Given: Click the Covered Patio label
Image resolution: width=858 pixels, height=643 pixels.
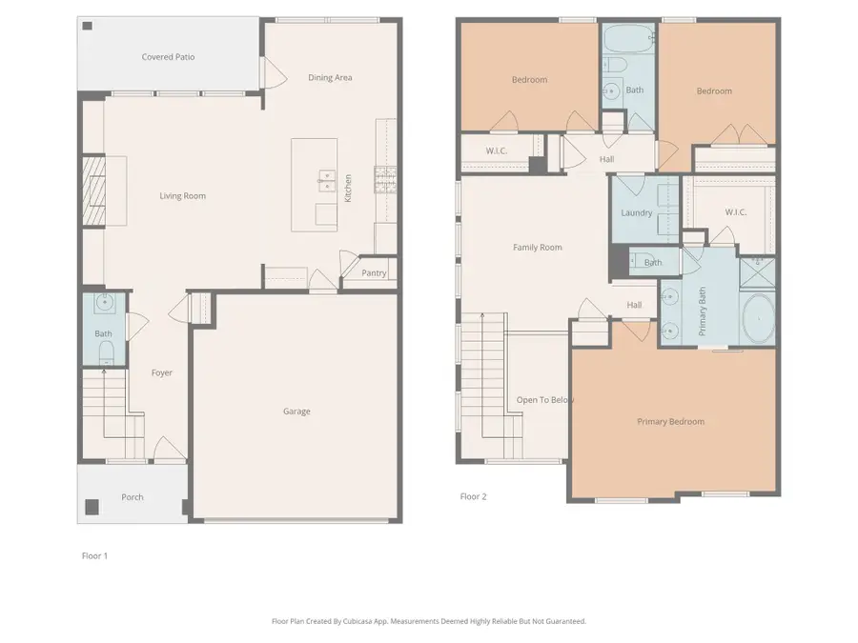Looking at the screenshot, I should tap(168, 57).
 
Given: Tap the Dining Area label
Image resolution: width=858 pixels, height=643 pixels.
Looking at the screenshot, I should tap(330, 77).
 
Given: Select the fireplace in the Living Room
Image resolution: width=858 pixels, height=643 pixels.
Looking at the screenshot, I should tap(92, 191).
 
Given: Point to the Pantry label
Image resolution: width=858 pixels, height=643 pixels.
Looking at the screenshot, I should tap(375, 273).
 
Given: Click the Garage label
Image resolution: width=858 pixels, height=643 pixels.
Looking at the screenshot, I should tap(296, 412).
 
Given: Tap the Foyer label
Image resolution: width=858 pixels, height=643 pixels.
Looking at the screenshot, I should tap(162, 372).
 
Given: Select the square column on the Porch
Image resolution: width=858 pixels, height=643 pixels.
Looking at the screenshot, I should tap(92, 506).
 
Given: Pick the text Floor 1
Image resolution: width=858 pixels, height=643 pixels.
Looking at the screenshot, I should tap(94, 555).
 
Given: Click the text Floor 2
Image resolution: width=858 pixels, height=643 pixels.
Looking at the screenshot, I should tap(473, 496).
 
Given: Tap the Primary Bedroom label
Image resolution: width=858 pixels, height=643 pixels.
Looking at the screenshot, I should tap(670, 421).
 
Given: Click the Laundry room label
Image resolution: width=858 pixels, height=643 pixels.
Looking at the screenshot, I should tap(636, 212).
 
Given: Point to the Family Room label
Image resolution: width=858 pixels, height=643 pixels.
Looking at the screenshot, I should tap(537, 248).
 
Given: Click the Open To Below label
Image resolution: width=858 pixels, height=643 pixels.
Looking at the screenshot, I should tap(544, 400).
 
